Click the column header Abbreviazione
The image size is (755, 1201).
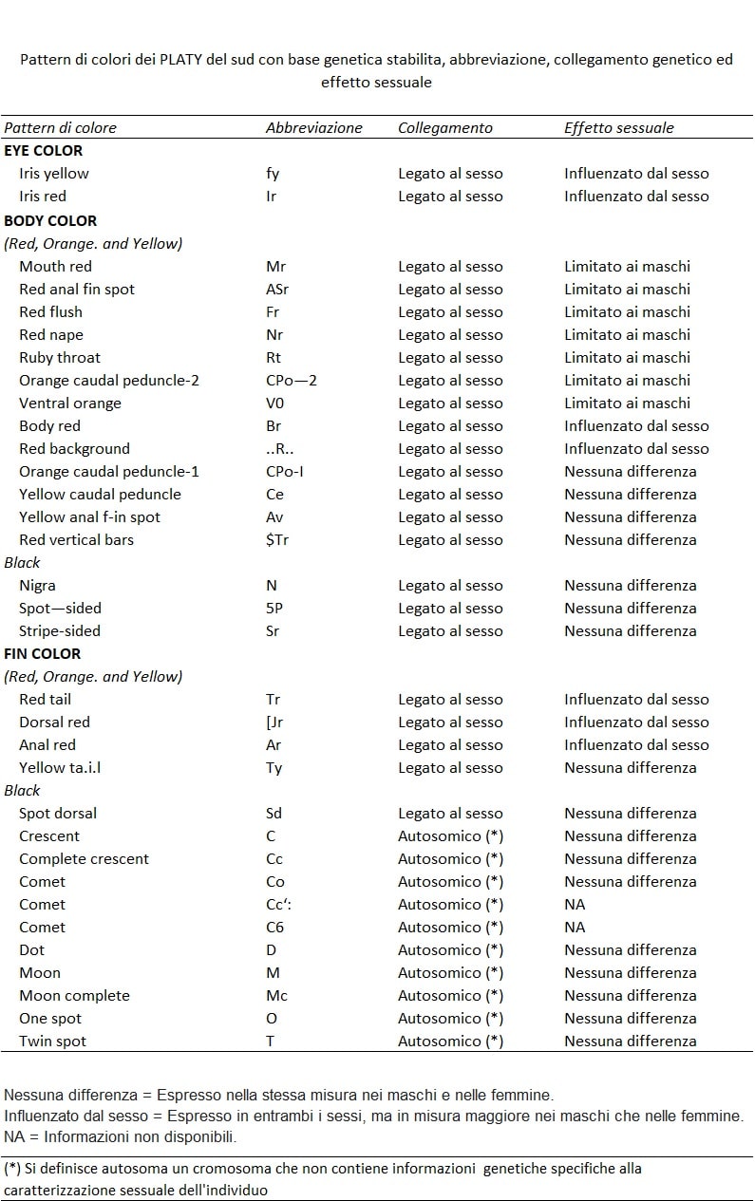click(313, 127)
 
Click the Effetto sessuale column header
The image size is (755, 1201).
click(618, 127)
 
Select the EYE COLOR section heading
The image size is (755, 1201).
click(43, 150)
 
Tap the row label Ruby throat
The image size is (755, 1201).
click(60, 357)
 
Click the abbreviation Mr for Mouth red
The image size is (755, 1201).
click(275, 266)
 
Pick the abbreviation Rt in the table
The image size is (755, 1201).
click(274, 357)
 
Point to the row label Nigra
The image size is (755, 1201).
click(37, 585)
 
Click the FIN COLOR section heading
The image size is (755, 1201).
click(42, 653)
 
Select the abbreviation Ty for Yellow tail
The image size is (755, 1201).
click(274, 767)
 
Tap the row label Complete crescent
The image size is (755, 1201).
click(84, 858)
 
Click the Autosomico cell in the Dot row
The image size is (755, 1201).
click(450, 949)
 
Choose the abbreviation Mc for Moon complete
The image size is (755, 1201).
click(276, 995)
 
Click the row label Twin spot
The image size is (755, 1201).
click(52, 1041)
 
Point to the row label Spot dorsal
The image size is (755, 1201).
click(58, 813)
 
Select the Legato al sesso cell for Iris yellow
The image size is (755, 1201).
click(450, 173)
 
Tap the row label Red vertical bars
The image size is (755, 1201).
click(76, 539)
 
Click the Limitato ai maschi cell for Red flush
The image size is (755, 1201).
click(627, 311)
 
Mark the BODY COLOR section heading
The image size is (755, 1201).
click(50, 220)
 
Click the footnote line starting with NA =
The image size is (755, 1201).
click(121, 1136)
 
